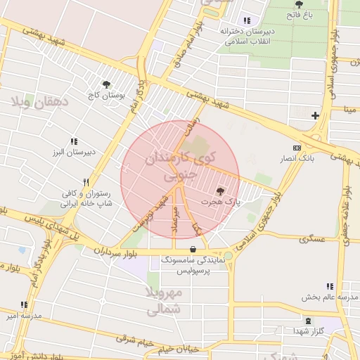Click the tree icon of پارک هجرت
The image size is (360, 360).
coord(220,191)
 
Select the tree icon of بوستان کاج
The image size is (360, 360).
coord(106,84)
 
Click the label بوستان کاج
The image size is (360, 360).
coord(105,94)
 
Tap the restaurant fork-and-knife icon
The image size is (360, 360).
coord(86,181)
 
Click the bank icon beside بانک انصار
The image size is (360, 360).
coord(297,148)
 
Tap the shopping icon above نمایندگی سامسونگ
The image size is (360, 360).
coord(193,248)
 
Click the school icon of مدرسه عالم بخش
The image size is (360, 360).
coord(329,285)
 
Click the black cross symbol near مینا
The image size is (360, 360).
coord(315,115)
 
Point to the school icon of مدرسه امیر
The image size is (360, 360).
coord(24,304)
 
